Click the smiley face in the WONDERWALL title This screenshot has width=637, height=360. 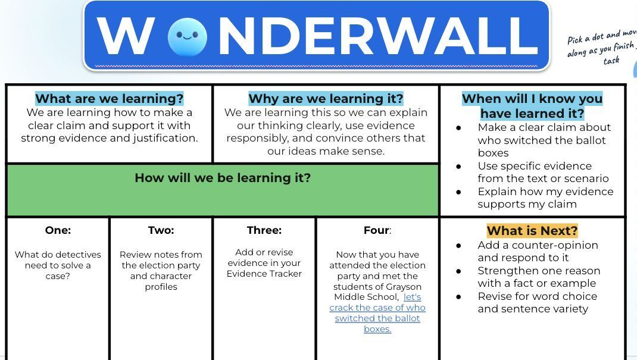[188, 37]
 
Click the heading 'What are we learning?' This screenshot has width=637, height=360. [110, 99]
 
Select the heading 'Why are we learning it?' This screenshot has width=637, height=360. [326, 99]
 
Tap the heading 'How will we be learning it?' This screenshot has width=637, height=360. [223, 178]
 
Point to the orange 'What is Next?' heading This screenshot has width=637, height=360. [532, 231]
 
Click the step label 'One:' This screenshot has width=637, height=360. [58, 230]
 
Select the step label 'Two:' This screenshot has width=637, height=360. [161, 230]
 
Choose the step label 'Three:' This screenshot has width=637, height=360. [264, 230]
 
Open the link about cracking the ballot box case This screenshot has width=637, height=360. [377, 313]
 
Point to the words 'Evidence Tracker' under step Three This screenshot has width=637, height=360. [264, 274]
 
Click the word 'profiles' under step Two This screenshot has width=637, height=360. [161, 287]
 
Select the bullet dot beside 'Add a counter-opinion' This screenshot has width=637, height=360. [458, 245]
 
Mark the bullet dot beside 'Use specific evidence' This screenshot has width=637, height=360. [458, 166]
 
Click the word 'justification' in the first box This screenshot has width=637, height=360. [165, 138]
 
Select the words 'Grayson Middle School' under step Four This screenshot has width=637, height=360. [377, 292]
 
